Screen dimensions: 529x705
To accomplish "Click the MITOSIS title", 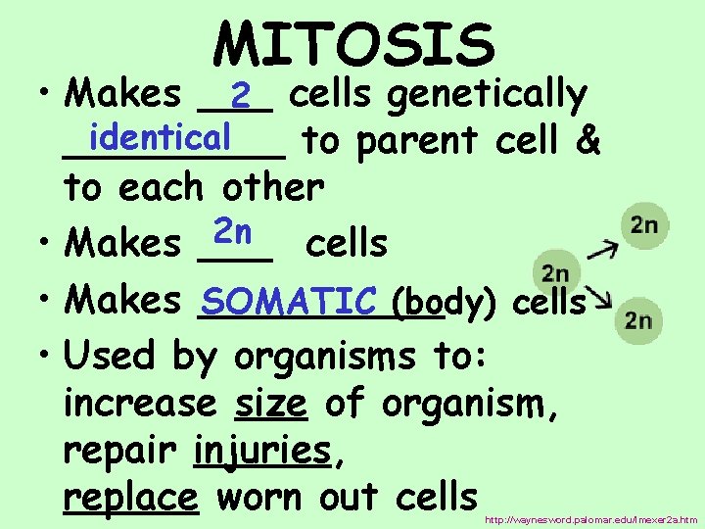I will pyautogui.click(x=354, y=45).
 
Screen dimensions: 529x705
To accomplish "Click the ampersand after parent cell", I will pyautogui.click(x=588, y=142).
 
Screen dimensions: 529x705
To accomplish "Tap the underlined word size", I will pyautogui.click(x=271, y=404).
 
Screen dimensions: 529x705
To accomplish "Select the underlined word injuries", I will pyautogui.click(x=261, y=451).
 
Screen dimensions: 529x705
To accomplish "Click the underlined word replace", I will pyautogui.click(x=130, y=499).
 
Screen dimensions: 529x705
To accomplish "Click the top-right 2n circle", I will pyautogui.click(x=643, y=225).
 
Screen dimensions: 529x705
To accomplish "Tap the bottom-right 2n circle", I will pyautogui.click(x=637, y=319).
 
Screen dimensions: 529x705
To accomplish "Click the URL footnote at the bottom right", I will pyautogui.click(x=591, y=519).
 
